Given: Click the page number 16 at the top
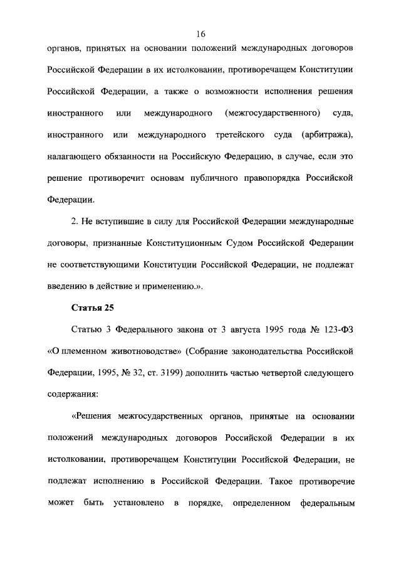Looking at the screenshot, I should click(200, 33).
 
